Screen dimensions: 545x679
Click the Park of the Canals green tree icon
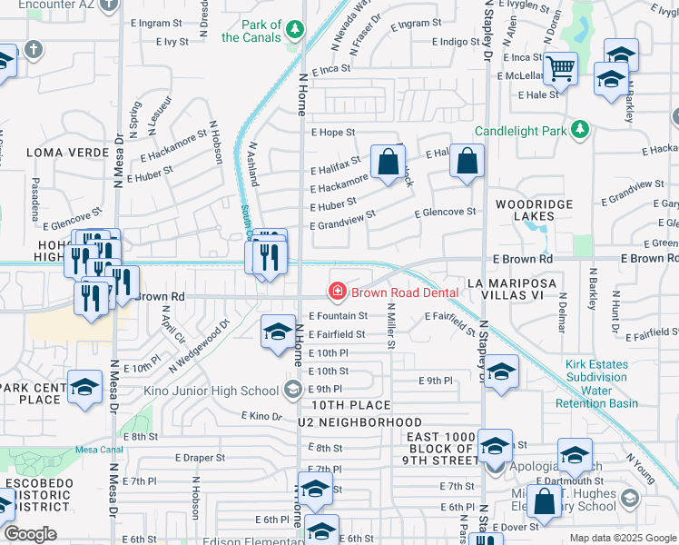pyautogui.click(x=294, y=30)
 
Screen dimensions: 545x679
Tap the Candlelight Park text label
pyautogui.click(x=519, y=131)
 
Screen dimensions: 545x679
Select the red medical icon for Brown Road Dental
pyautogui.click(x=338, y=292)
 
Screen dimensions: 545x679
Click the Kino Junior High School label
pyautogui.click(x=211, y=391)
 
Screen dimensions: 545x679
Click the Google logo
pyautogui.click(x=31, y=533)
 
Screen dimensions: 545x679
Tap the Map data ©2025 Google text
pyautogui.click(x=622, y=538)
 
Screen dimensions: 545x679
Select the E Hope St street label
pyautogui.click(x=331, y=133)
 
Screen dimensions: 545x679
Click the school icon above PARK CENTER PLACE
pyautogui.click(x=85, y=386)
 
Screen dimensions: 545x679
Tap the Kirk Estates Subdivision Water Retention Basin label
pyautogui.click(x=601, y=383)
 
